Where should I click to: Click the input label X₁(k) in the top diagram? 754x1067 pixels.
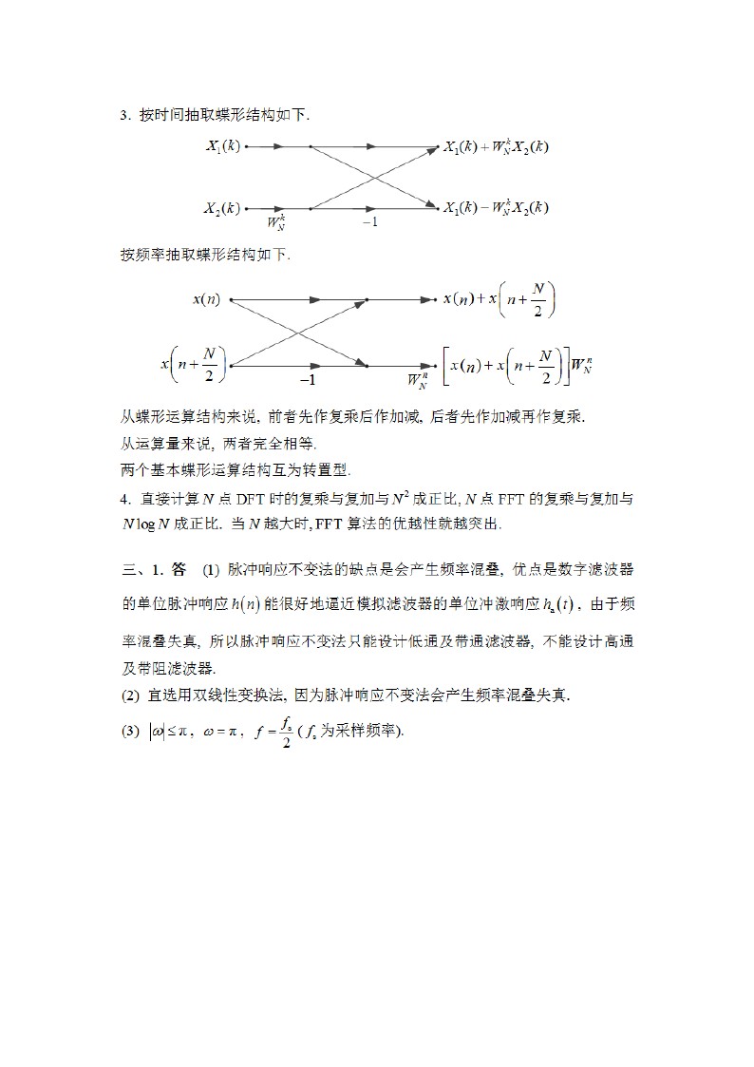tap(223, 147)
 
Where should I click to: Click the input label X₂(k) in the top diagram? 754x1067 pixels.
tap(223, 207)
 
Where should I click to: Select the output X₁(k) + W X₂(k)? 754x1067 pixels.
tap(497, 147)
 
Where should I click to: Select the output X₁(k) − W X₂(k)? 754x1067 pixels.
tap(497, 207)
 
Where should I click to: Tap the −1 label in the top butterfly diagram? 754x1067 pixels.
tap(369, 222)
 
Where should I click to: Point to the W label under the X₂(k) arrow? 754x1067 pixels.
tap(277, 223)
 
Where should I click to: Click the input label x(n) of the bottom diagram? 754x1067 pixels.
tap(206, 300)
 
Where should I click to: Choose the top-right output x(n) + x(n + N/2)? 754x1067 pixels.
tap(500, 299)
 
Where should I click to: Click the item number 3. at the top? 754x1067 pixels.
tap(124, 116)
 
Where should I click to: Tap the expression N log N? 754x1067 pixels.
tap(145, 524)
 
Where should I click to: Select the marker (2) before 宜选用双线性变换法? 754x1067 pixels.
tap(130, 696)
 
